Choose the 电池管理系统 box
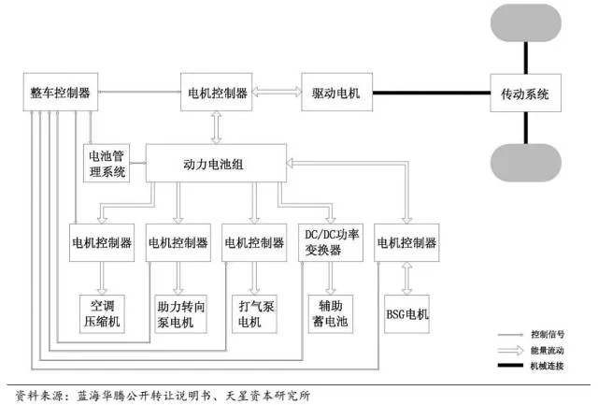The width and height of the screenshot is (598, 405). click(107, 164)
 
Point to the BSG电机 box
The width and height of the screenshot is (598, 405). click(406, 313)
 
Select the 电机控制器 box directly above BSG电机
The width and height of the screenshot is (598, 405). click(406, 242)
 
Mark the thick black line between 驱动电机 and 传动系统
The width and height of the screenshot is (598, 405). click(431, 94)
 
